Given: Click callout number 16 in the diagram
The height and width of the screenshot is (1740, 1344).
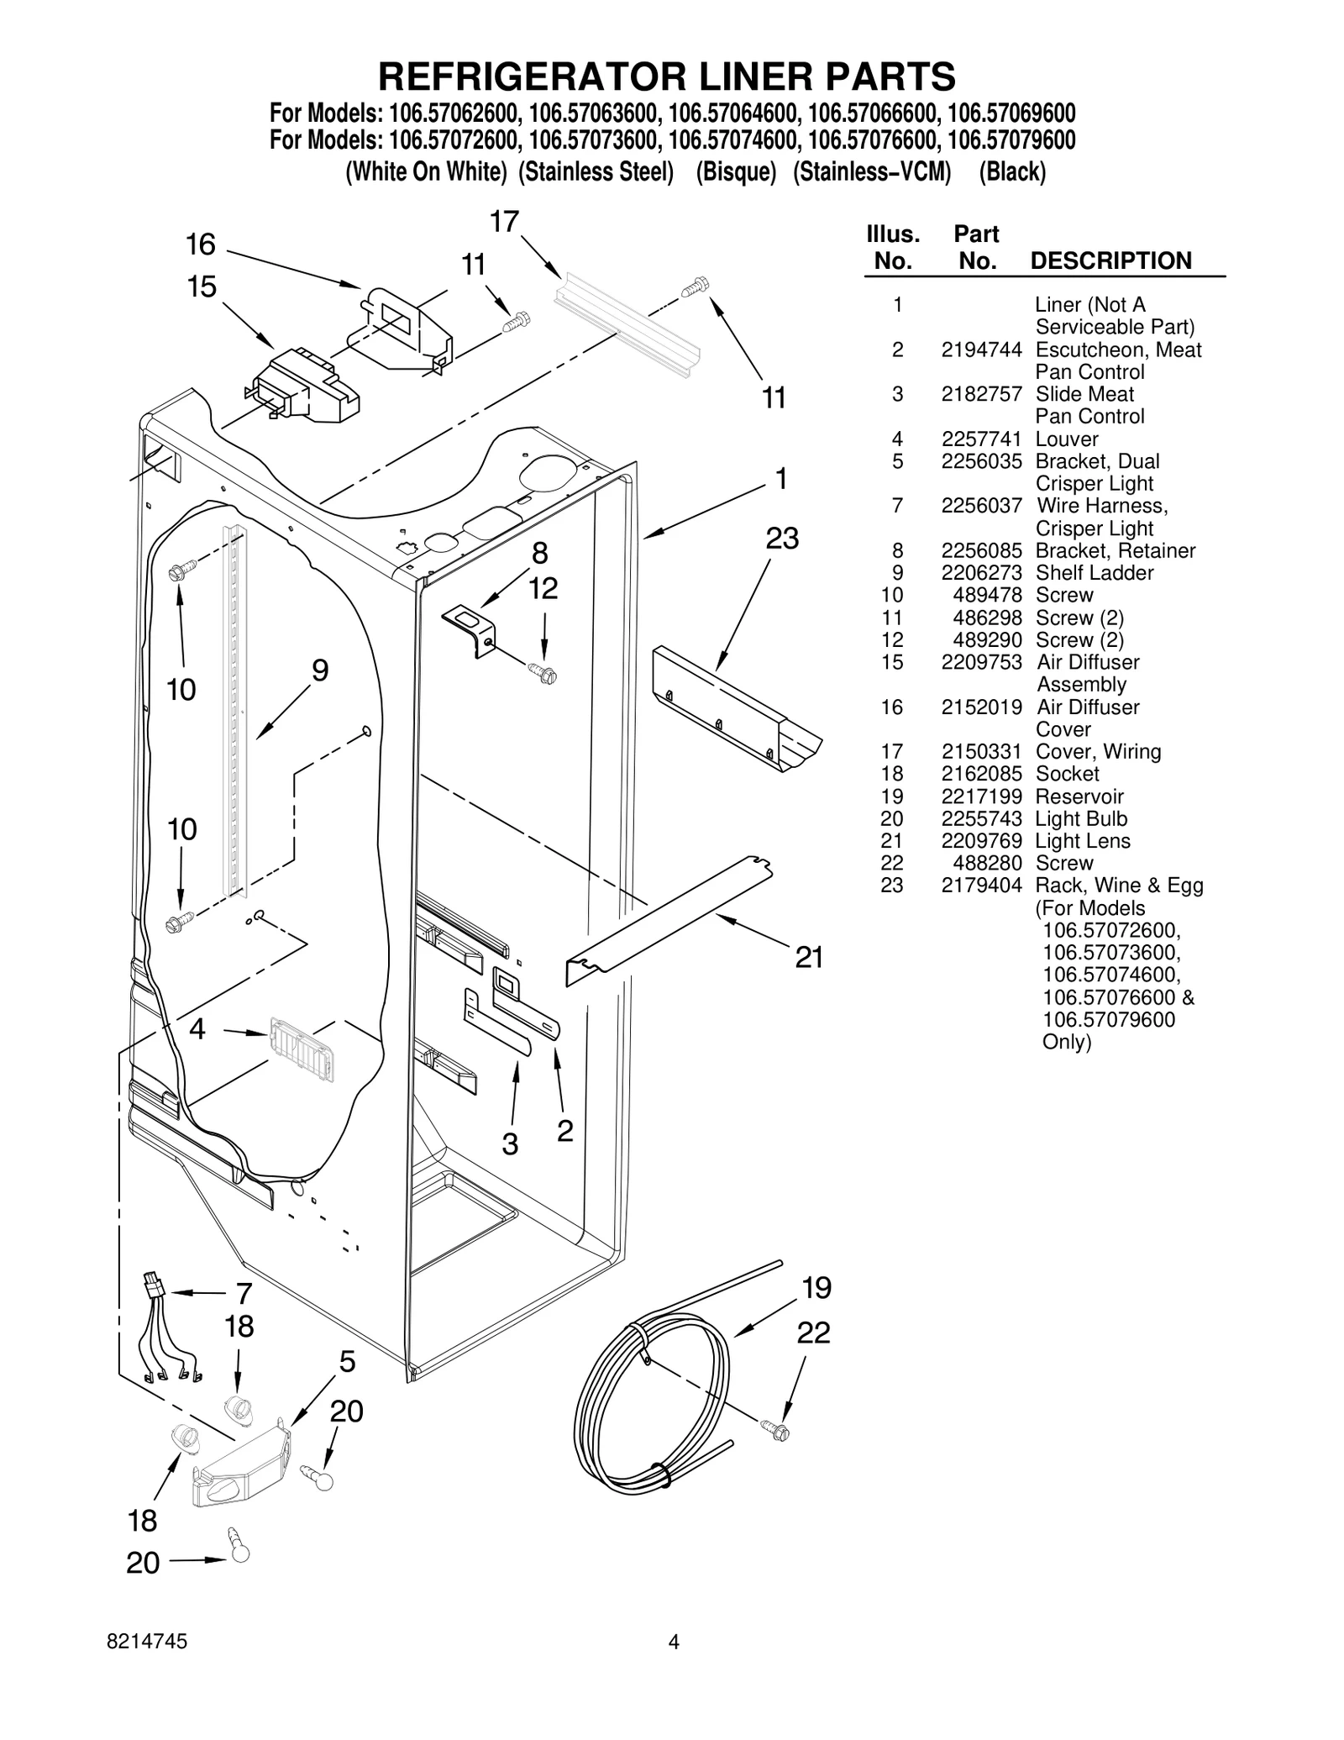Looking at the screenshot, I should click(x=200, y=244).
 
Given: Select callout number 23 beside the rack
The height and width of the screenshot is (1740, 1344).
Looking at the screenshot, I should click(x=781, y=538).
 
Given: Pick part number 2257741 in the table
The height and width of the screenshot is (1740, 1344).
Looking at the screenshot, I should click(x=980, y=439).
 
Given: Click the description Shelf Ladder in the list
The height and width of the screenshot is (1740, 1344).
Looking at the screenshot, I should click(x=1094, y=572).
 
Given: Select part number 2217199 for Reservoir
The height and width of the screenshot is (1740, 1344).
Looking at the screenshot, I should click(x=980, y=796).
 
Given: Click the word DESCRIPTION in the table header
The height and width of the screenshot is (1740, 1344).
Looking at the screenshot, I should click(x=1110, y=260).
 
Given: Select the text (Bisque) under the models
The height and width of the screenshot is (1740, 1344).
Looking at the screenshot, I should click(x=736, y=171).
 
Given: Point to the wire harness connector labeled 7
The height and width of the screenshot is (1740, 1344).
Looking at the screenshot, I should click(x=154, y=1286).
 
